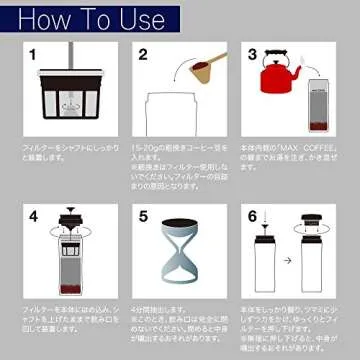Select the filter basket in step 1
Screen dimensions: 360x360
click(x=72, y=105)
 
